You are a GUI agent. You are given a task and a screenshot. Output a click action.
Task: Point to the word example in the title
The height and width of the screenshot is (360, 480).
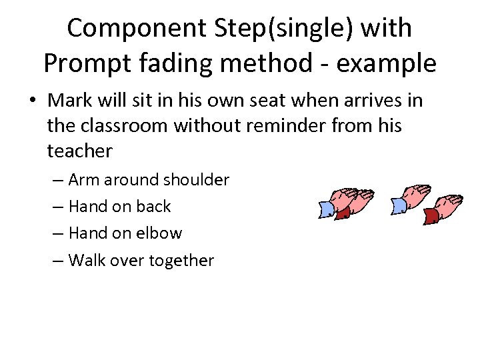(x=387, y=63)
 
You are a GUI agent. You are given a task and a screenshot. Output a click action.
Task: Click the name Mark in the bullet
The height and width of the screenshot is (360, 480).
(x=71, y=100)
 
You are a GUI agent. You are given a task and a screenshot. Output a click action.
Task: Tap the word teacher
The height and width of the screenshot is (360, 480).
(x=80, y=151)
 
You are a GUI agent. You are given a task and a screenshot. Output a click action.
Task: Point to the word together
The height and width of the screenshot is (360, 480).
(x=182, y=260)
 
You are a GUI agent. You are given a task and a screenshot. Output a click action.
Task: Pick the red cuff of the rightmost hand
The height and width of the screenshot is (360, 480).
(x=431, y=215)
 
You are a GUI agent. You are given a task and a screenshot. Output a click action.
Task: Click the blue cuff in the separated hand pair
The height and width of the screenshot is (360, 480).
(x=399, y=207)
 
